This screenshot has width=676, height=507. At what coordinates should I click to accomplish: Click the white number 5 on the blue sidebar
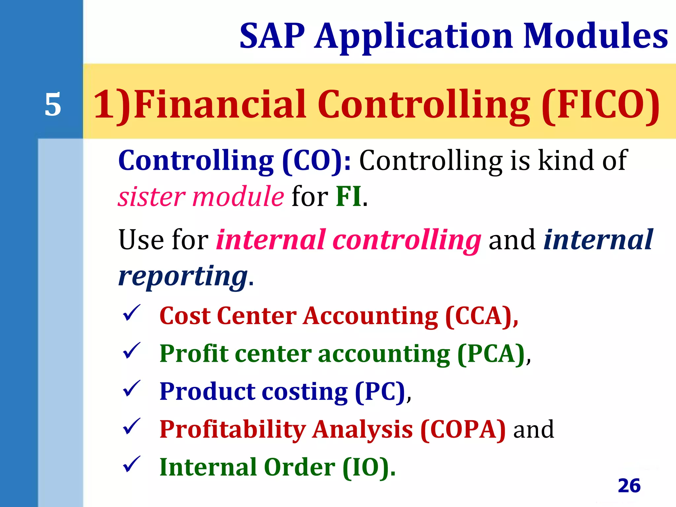tap(53, 105)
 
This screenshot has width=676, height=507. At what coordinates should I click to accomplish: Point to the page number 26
tap(629, 486)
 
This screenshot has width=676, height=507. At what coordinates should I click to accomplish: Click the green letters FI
tap(349, 197)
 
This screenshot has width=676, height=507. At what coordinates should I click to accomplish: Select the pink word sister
tap(152, 197)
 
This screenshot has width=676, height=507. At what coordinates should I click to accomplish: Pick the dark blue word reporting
tap(183, 276)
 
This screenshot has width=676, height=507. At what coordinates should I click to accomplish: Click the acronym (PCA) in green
tap(491, 354)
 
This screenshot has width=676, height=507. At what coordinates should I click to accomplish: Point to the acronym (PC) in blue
tap(380, 392)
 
